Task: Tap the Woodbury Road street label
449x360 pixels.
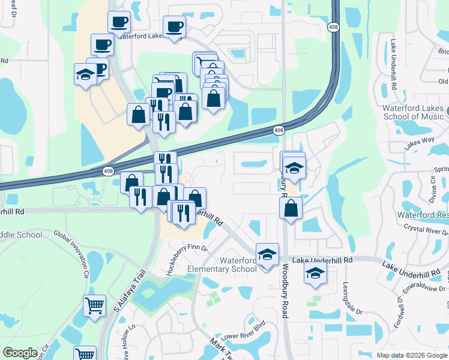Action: point(285,294)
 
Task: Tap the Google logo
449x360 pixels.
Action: point(20,353)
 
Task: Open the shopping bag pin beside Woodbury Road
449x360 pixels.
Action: point(291,208)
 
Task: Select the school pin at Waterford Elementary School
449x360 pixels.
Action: point(267,254)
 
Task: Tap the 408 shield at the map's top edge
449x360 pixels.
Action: point(333,27)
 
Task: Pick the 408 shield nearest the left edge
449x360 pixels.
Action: point(107,171)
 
